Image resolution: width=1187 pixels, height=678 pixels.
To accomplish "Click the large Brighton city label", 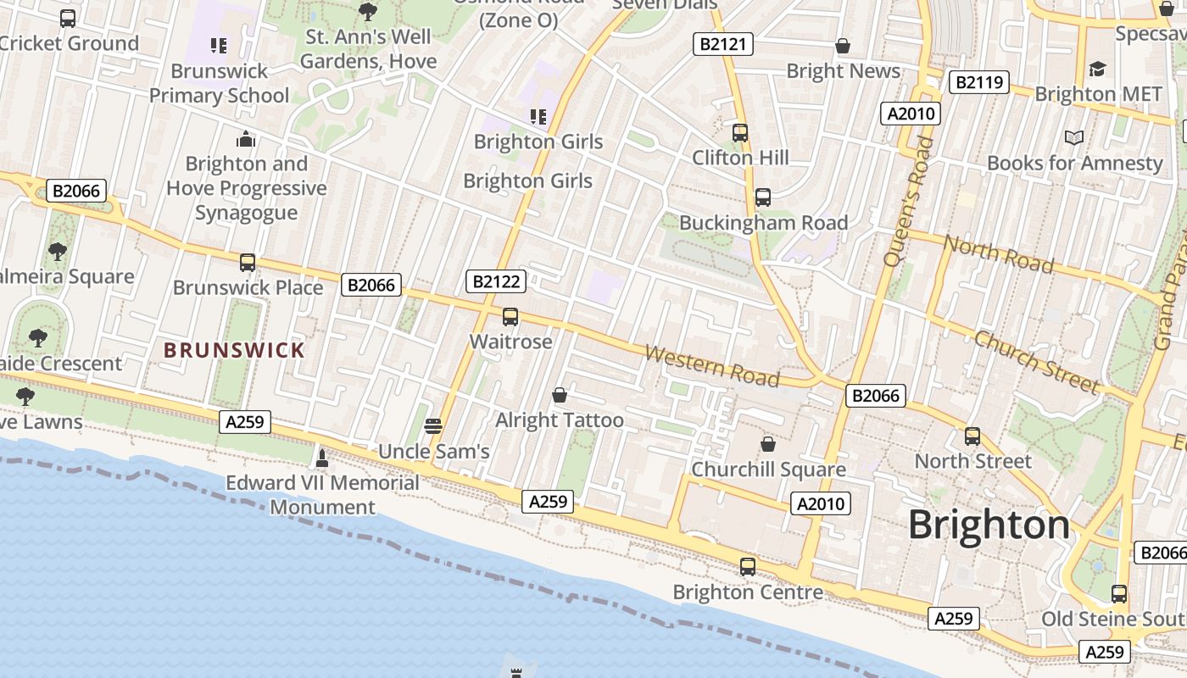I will pos(989,525).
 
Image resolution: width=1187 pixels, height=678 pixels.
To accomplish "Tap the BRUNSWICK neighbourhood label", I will pos(234,350).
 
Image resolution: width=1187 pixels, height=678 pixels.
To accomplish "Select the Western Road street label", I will pos(712,365).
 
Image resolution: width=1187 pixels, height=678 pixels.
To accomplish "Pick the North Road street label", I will pos(999,254).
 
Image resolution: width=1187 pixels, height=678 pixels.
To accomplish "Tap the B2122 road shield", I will pos(496,281).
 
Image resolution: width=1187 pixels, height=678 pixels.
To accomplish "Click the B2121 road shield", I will pos(723,44).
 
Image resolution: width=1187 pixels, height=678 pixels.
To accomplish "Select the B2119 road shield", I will pos(978,82).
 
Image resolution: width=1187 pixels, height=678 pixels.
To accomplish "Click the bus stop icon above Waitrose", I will pos(510,317).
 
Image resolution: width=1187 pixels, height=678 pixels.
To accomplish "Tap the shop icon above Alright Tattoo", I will pos(560,395).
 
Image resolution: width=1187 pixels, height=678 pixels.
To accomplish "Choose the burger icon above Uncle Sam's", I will pos(433,425).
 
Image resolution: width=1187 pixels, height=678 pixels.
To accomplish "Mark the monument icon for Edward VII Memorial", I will pos(322,458).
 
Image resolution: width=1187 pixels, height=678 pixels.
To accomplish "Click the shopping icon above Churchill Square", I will pos(768,444).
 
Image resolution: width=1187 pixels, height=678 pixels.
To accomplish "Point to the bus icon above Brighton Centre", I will pos(748,566).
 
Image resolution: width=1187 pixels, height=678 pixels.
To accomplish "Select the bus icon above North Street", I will pos(972,436).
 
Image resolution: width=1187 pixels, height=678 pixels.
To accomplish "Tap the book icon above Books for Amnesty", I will pos(1074,136).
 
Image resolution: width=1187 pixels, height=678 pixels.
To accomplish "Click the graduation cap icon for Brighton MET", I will pos(1098,69).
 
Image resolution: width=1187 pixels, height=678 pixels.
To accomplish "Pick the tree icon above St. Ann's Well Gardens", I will pos(368,11).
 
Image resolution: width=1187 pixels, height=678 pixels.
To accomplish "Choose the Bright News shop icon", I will pos(843,46).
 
